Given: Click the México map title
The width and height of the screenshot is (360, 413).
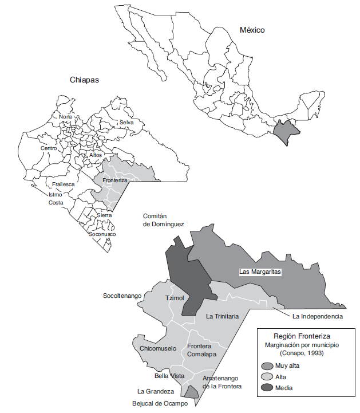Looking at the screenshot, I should pos(252,30).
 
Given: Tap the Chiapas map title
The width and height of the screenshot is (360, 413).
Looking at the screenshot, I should pos(84,80).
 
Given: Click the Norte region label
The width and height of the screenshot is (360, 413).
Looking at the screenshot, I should pos(66,117).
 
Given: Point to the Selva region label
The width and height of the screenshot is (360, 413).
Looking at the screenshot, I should pos(126,123).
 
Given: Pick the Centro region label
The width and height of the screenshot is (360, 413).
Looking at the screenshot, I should pos(49,148).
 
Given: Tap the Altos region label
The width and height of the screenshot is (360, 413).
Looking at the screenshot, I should pos(96,155).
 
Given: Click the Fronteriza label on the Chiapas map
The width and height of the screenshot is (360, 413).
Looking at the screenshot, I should pos(114,180).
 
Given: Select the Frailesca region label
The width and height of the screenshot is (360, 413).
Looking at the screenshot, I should pos(64,184).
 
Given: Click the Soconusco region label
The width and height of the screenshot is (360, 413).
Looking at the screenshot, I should pos(102,234).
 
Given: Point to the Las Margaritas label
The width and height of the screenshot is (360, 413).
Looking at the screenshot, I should pos(260,272).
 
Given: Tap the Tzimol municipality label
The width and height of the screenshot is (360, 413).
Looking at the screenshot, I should pos(175,298).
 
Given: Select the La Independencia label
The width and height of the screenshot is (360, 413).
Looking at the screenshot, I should pos(317,316).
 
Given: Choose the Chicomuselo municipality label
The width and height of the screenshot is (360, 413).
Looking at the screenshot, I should pos(158,348).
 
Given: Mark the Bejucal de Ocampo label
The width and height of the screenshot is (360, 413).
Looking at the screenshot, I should pos(159,403).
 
